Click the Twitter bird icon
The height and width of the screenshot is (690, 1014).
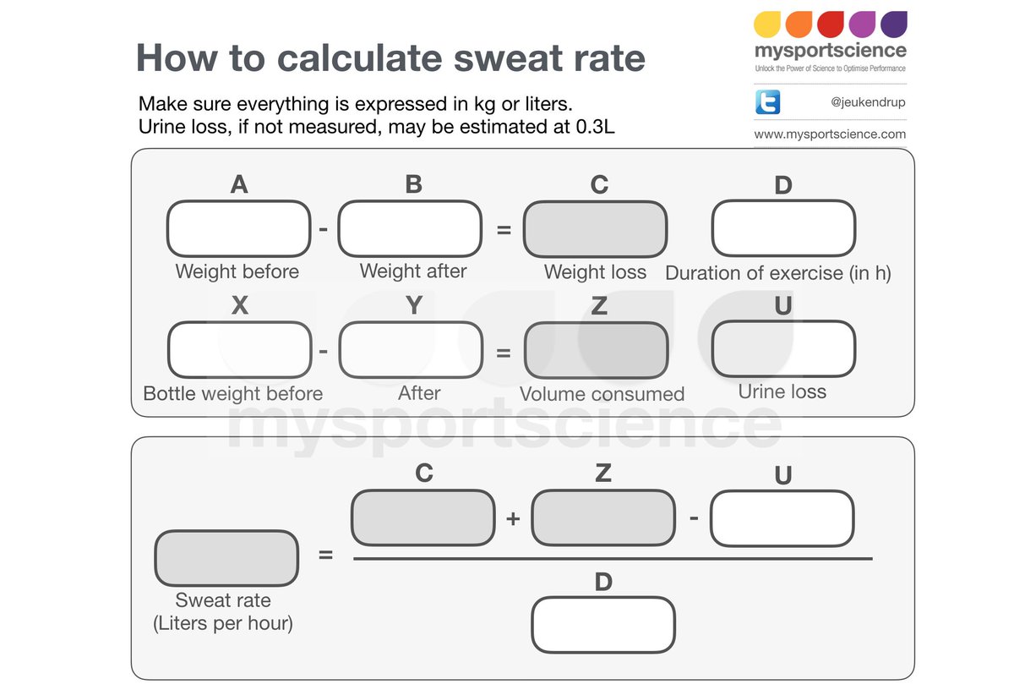coord(767,103)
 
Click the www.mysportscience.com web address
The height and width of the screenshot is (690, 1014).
coord(829,134)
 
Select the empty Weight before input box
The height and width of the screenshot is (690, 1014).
coord(239,229)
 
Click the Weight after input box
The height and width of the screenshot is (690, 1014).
coord(410,228)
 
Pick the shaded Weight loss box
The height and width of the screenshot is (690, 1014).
coord(595,229)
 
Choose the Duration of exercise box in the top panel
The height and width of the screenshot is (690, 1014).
coord(783,228)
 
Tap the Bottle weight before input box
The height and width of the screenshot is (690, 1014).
coord(239,349)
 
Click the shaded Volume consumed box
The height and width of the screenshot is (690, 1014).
coord(596,349)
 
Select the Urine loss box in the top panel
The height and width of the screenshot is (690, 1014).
coord(783,348)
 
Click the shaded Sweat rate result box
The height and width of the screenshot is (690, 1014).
coord(226,558)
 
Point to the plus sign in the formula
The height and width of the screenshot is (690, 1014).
coord(513,519)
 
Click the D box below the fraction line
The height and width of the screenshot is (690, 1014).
coord(603,626)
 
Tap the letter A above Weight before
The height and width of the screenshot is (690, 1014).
coord(239,184)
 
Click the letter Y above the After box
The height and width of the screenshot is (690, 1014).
coord(414,305)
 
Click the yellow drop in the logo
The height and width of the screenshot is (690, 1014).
coord(768,24)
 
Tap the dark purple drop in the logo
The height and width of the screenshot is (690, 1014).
coord(893,24)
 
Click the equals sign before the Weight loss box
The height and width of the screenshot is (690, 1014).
coord(504,229)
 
